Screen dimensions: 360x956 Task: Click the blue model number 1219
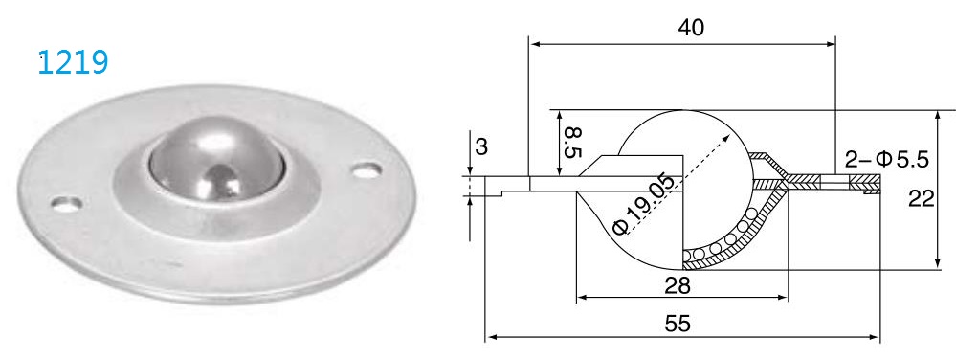[72, 63]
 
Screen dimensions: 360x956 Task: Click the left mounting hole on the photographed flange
[65, 203]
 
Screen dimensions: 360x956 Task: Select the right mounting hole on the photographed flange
[364, 171]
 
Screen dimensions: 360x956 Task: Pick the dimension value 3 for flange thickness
[481, 148]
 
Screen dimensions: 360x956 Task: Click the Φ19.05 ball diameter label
[642, 206]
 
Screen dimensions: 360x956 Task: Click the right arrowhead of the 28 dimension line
[785, 298]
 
